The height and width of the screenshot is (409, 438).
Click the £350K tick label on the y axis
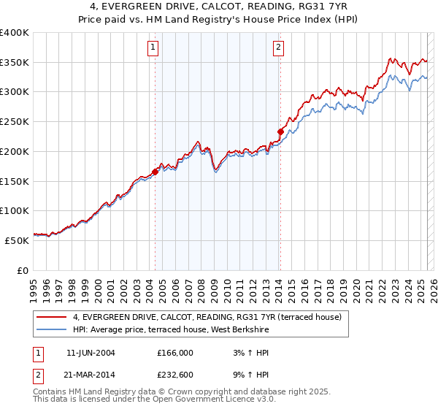point(15,63)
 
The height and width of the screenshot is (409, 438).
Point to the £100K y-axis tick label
point(15,210)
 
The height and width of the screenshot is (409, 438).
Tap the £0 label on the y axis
point(23,270)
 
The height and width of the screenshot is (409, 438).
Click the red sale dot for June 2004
point(155,172)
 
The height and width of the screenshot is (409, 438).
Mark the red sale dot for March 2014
point(280,131)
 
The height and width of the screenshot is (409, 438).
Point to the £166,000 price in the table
point(175,353)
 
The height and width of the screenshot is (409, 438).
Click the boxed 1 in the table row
point(37,353)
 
